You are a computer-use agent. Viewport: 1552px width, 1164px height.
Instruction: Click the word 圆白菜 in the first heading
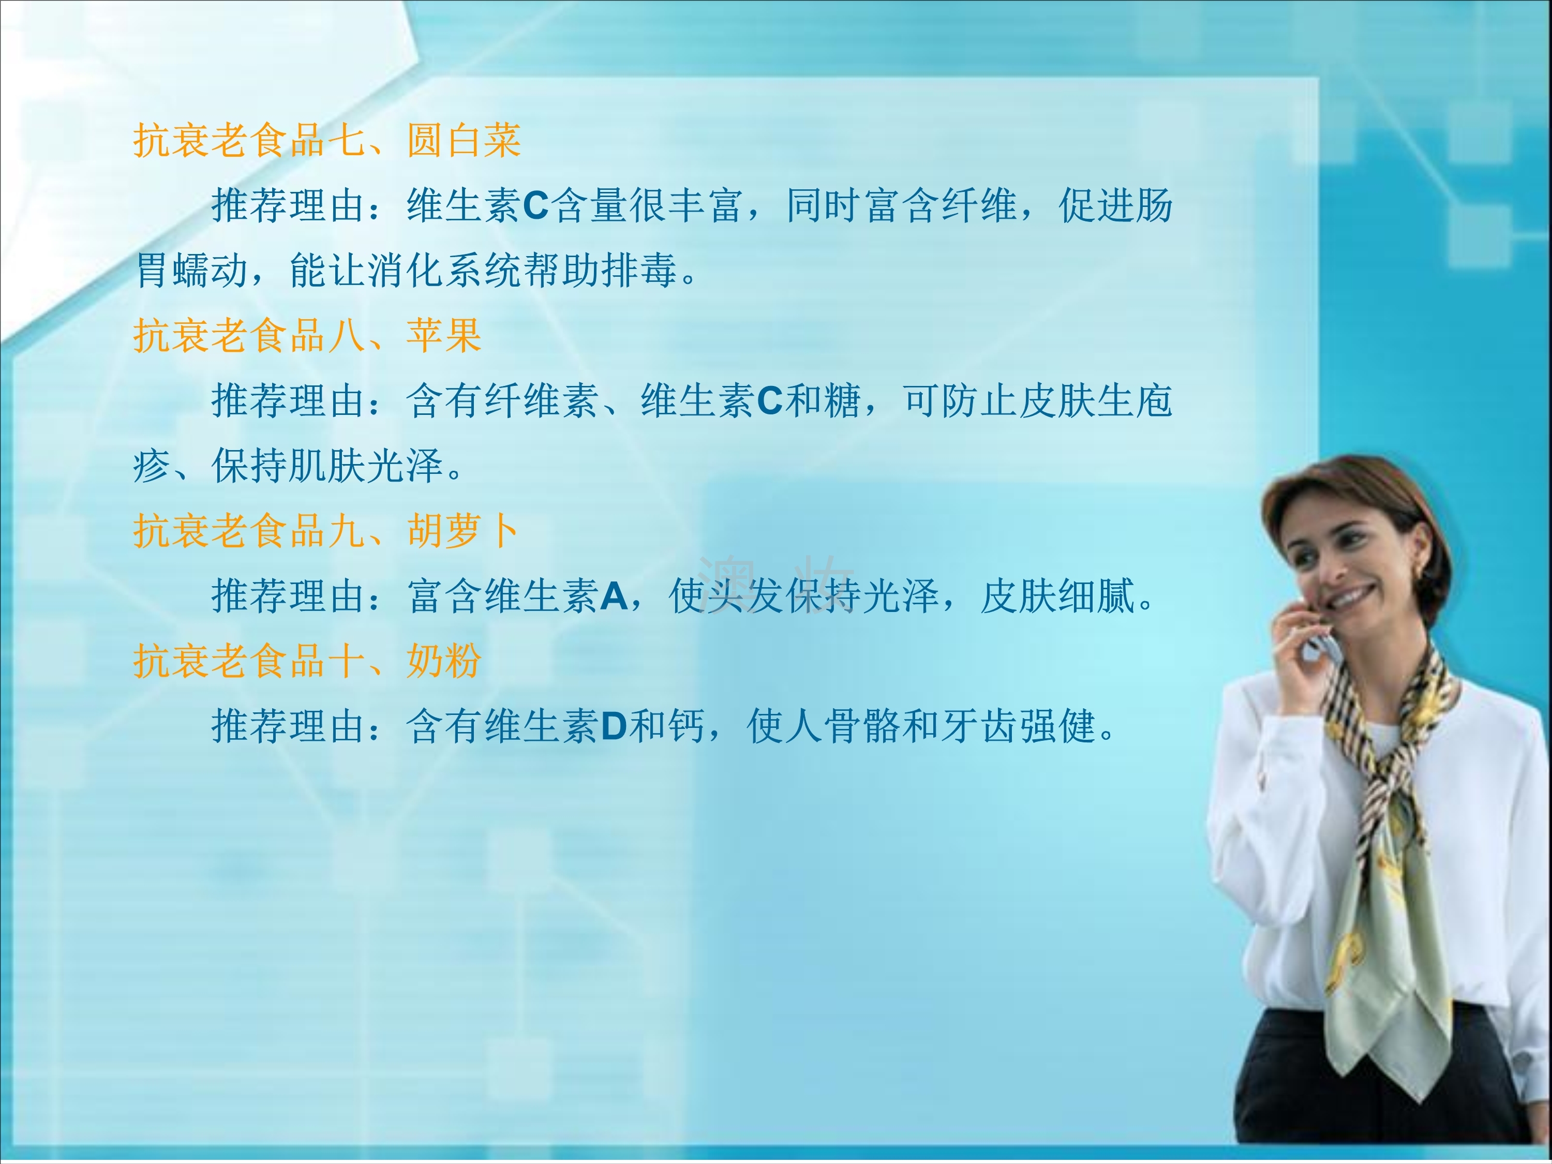click(464, 140)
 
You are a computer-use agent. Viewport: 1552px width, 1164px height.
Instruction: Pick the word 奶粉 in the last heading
click(444, 661)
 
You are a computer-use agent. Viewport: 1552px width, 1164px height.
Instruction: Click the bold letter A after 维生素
click(614, 596)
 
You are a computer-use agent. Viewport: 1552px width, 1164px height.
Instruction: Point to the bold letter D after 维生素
click(614, 727)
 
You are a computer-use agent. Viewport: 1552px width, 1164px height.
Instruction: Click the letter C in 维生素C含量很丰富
click(536, 206)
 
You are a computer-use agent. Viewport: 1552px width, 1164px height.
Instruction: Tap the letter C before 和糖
click(770, 401)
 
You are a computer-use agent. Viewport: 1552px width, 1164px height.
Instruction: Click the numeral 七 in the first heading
click(347, 140)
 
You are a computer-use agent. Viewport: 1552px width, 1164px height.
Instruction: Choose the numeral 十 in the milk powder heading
click(347, 661)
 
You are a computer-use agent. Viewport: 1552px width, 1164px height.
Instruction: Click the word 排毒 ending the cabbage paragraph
click(639, 271)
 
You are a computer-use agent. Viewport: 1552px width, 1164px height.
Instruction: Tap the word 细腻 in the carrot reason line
click(1097, 596)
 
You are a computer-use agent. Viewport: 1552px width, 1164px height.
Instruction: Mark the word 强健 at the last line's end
click(1058, 727)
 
